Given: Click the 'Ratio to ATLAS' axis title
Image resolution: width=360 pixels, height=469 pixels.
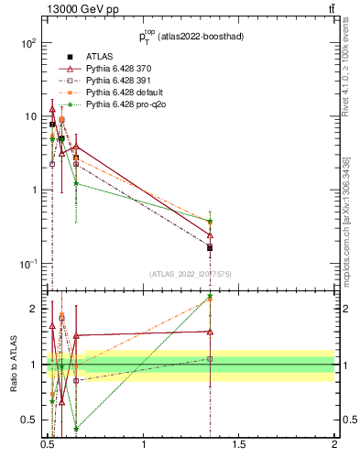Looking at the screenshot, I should pos(14,365).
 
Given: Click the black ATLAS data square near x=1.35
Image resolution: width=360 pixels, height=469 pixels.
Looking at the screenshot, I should pos(210,247).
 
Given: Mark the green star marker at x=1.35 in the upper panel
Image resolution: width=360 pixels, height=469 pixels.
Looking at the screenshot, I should pos(210,221).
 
